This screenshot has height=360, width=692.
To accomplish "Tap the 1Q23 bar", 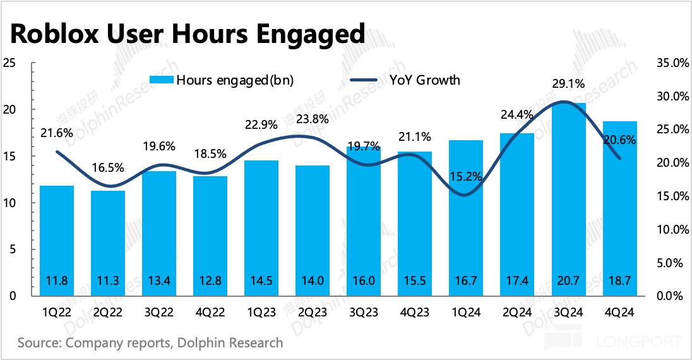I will [x=261, y=228].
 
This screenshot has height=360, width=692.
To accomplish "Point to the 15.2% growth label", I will [x=467, y=176].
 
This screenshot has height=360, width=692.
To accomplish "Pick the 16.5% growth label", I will [x=109, y=169].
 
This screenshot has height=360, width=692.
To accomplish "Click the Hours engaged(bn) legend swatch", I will [x=161, y=80].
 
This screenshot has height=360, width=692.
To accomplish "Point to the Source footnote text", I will [x=150, y=344].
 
